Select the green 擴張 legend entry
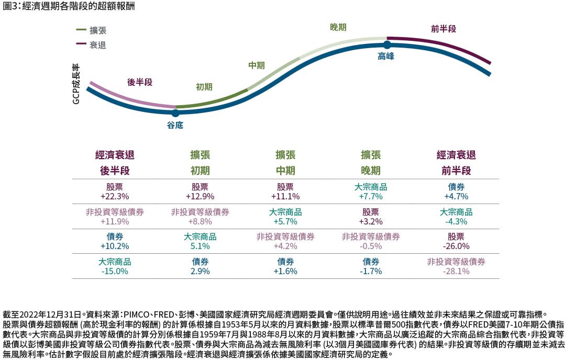pyautogui.click(x=97, y=30)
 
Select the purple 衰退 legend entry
pyautogui.click(x=97, y=45)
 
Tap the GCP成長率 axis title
pyautogui.click(x=76, y=84)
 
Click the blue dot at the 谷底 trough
pyautogui.click(x=175, y=113)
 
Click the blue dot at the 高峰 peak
pyautogui.click(x=387, y=45)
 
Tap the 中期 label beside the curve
pyautogui.click(x=256, y=65)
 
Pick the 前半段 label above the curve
pyautogui.click(x=444, y=29)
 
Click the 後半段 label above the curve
pyautogui.click(x=140, y=82)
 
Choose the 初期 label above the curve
pyautogui.click(x=204, y=87)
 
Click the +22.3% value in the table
pyautogui.click(x=115, y=196)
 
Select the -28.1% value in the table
pyautogui.click(x=456, y=271)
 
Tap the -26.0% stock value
pyautogui.click(x=456, y=246)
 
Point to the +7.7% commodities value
pyautogui.click(x=371, y=196)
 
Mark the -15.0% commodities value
pyautogui.click(x=115, y=271)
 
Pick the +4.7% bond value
pyautogui.click(x=456, y=196)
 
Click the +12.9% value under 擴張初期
pyautogui.click(x=200, y=196)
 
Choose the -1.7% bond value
pyautogui.click(x=371, y=271)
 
